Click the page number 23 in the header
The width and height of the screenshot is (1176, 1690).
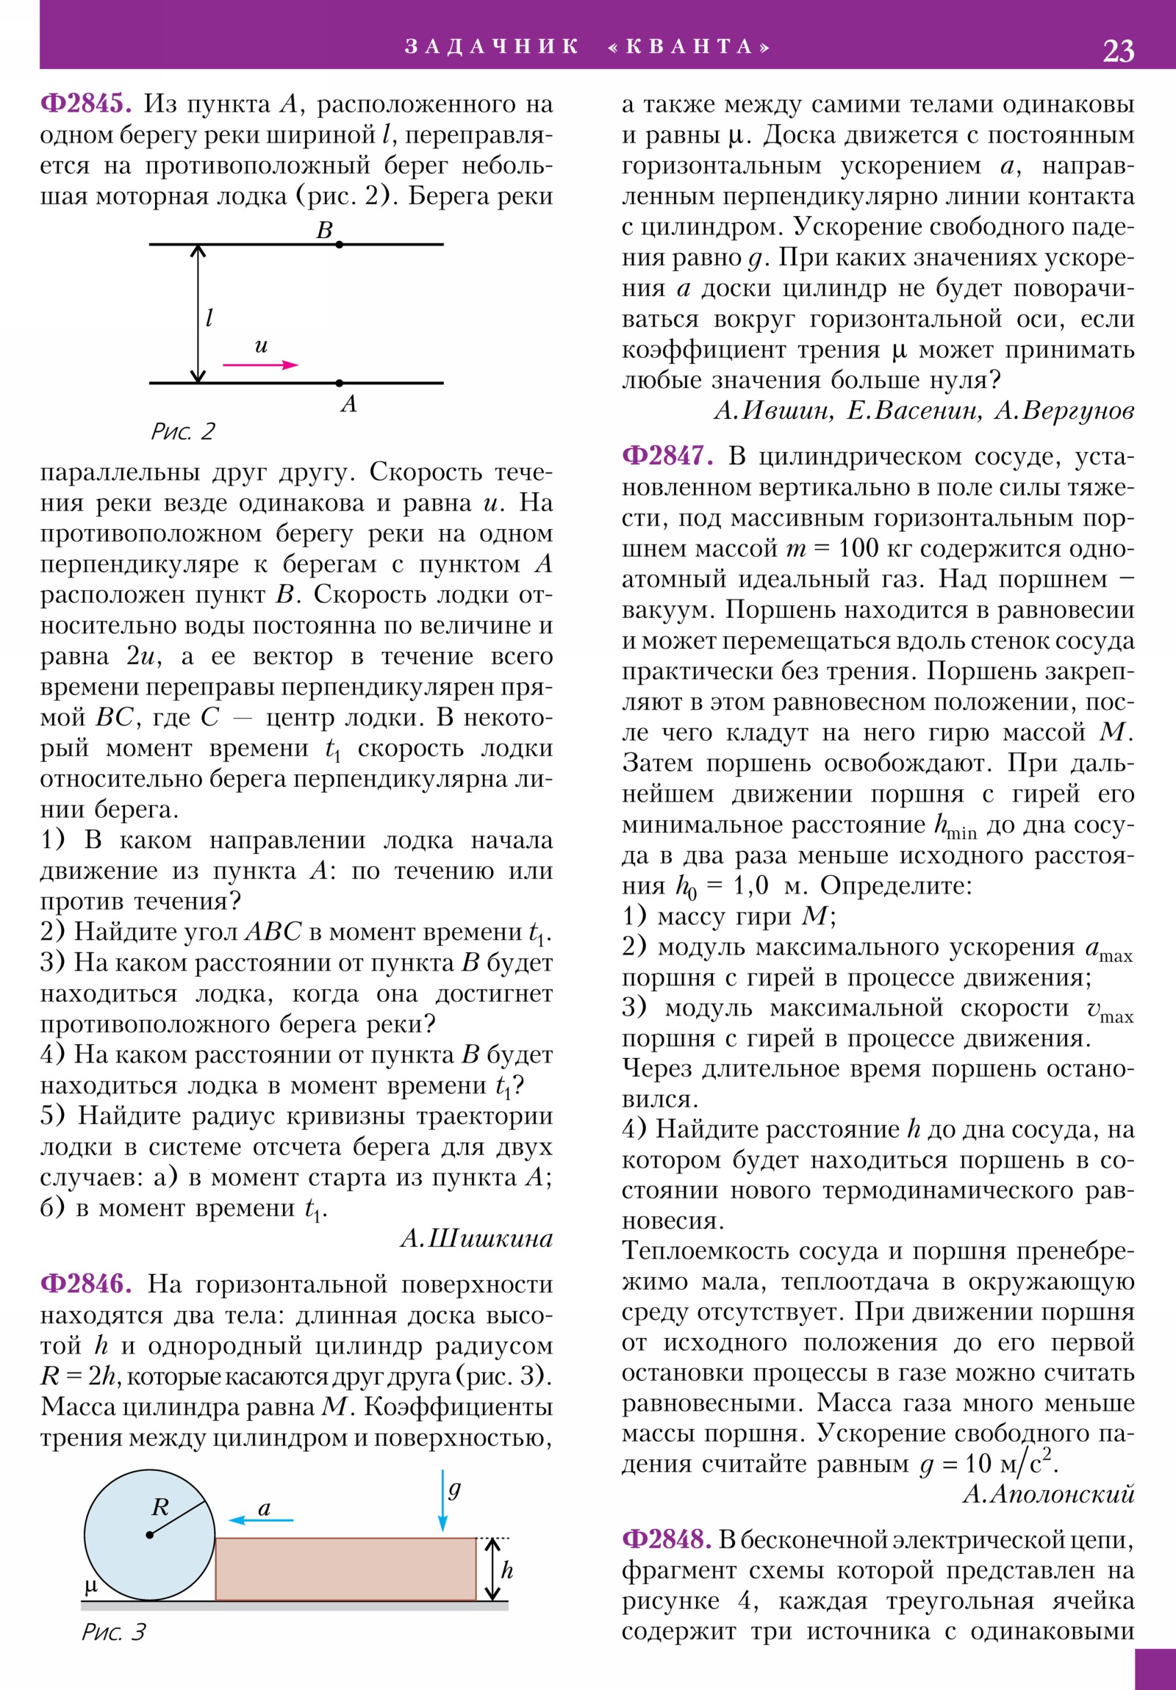(1118, 51)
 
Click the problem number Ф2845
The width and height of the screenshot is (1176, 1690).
(85, 104)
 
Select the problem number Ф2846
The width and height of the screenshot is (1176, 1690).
(85, 1284)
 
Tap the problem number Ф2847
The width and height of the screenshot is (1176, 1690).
(667, 456)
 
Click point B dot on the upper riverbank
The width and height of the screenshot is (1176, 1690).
(339, 244)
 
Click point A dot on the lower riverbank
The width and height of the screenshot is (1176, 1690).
(339, 383)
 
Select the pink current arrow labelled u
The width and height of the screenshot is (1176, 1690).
(261, 364)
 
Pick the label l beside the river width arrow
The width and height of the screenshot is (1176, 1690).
(209, 318)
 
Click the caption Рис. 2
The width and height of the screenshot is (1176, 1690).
(182, 431)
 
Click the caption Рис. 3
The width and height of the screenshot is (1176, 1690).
(113, 1633)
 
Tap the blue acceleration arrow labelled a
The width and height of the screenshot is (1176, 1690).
(261, 1520)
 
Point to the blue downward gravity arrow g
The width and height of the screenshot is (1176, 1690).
(442, 1500)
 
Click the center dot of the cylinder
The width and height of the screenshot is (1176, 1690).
(149, 1535)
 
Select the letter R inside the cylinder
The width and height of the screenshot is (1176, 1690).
(159, 1507)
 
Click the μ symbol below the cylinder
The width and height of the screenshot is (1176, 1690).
(90, 1586)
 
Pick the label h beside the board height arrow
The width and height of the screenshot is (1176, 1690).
(506, 1570)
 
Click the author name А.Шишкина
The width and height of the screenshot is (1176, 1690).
(476, 1239)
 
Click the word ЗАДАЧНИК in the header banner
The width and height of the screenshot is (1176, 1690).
(492, 46)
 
